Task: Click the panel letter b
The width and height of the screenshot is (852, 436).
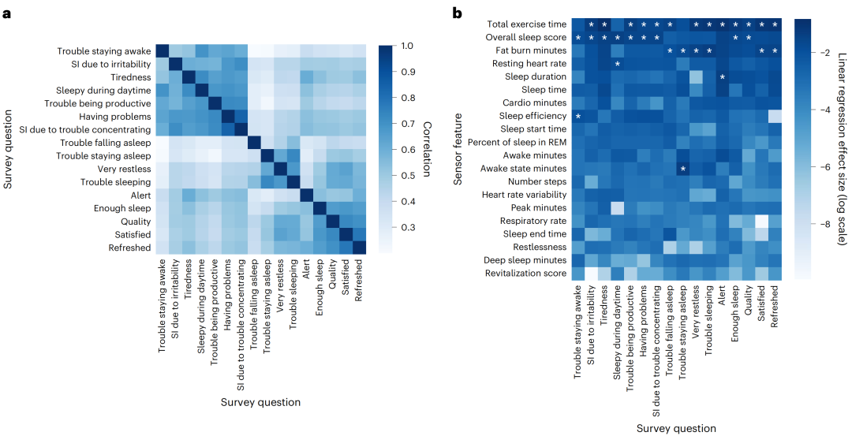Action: pyautogui.click(x=457, y=13)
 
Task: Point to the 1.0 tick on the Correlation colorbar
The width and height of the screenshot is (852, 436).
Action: pyautogui.click(x=403, y=46)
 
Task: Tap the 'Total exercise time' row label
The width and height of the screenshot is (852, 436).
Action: pyautogui.click(x=527, y=24)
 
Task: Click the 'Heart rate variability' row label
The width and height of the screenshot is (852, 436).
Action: pyautogui.click(x=526, y=195)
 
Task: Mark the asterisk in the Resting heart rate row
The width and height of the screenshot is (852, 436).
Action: pyautogui.click(x=618, y=64)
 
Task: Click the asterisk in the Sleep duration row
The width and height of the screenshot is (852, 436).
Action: pyautogui.click(x=722, y=77)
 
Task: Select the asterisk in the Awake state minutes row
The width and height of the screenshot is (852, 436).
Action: pyautogui.click(x=683, y=169)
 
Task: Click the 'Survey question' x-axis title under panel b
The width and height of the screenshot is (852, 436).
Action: pyautogui.click(x=677, y=428)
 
